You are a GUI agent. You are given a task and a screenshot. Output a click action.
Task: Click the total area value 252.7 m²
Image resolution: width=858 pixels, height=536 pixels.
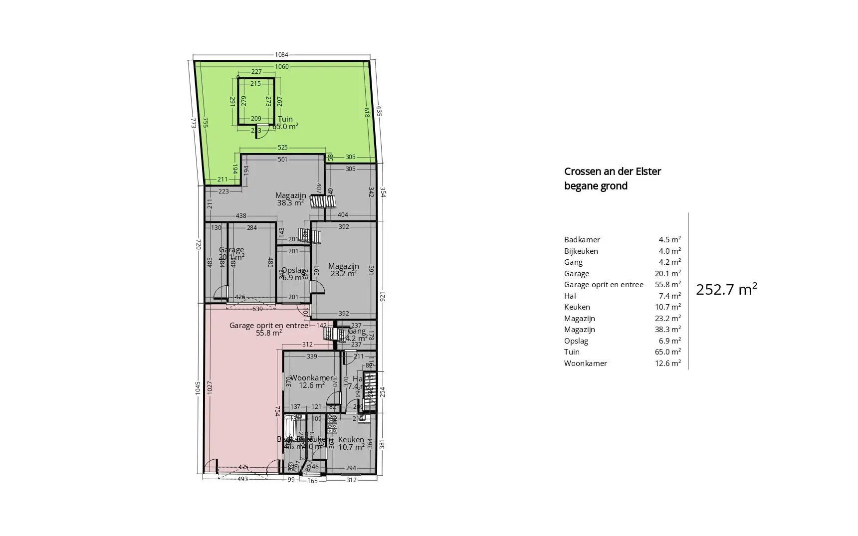[726, 290]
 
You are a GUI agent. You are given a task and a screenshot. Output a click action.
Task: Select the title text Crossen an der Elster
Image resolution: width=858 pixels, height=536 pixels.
[612, 172]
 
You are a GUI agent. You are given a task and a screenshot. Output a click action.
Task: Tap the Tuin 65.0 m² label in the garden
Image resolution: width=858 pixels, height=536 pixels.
[285, 123]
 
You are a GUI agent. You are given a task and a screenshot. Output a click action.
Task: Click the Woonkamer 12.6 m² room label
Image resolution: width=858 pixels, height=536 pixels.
[312, 381]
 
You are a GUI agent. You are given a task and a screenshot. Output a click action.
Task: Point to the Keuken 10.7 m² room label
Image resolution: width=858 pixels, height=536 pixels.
[351, 443]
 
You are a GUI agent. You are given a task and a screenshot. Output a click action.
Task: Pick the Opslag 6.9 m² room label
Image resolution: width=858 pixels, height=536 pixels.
[293, 274]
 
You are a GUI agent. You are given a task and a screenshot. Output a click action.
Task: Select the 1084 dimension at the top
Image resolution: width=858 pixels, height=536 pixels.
[281, 55]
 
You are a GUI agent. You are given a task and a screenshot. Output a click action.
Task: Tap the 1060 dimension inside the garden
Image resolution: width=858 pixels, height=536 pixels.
[281, 67]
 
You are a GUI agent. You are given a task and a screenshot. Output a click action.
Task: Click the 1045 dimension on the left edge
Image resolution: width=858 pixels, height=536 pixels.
[198, 387]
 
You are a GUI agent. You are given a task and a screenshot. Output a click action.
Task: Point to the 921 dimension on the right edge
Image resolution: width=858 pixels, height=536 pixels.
[383, 297]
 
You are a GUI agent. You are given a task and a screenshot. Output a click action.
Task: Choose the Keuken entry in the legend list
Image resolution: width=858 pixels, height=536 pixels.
[577, 307]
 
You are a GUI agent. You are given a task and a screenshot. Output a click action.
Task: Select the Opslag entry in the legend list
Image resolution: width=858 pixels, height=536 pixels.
[576, 341]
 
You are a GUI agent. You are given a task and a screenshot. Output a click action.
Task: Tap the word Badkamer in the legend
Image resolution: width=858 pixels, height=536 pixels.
[582, 240]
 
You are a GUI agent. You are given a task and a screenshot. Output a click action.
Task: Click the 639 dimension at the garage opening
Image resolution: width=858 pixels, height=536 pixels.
[257, 309]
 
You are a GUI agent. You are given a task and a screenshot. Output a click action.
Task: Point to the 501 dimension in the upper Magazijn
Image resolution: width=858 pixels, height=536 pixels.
[282, 160]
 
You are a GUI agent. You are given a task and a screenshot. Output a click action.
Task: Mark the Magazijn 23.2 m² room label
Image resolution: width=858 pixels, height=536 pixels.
[343, 270]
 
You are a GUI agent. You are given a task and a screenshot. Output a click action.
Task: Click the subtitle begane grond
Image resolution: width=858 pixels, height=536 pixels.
[595, 186]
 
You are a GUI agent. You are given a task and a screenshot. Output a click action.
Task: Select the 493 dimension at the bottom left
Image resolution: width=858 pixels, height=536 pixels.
[242, 479]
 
